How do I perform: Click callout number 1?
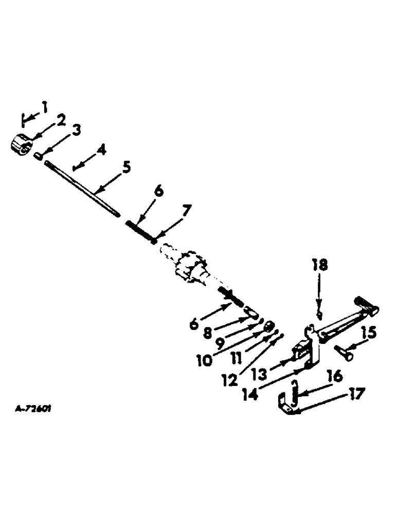click(x=45, y=107)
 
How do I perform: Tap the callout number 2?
click(x=61, y=120)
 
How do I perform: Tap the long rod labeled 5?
click(x=82, y=189)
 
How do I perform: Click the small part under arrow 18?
click(x=319, y=314)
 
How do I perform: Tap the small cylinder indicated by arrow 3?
click(x=38, y=155)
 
